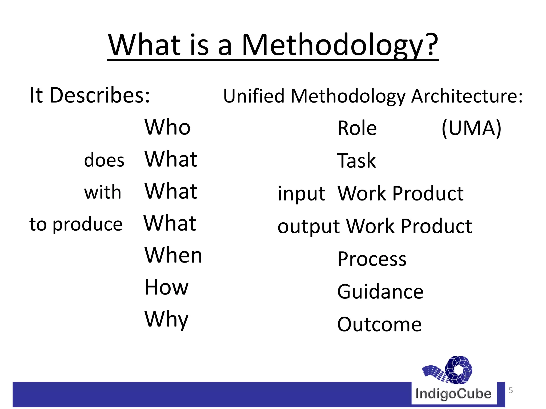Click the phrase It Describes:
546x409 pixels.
[90, 95]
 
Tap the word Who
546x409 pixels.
[167, 127]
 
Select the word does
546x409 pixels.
[104, 160]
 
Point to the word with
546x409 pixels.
[103, 192]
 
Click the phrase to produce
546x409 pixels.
[76, 224]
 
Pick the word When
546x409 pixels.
[173, 255]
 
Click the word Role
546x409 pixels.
[357, 128]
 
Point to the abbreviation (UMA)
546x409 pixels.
[471, 128]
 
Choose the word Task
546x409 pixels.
[356, 161]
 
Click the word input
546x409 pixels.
[301, 194]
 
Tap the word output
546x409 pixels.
[308, 226]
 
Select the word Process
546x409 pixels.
[372, 259]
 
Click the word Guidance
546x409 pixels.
[380, 292]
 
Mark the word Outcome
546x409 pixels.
[379, 324]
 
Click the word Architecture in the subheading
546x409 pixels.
[467, 96]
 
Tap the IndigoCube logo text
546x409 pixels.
[453, 394]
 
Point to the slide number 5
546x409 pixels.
[511, 390]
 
